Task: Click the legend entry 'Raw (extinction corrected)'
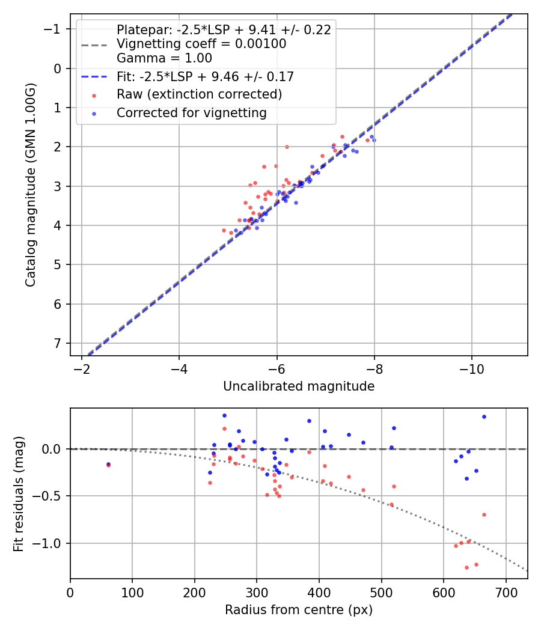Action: pos(199,94)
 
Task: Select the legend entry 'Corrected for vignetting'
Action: pos(191,112)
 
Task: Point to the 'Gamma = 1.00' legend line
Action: pos(164,58)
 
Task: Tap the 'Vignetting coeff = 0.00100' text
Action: pos(201,44)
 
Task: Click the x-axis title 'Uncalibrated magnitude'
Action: pos(299,386)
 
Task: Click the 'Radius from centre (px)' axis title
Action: pos(299,610)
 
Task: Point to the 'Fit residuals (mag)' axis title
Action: pos(19,493)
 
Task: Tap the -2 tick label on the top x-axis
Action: pos(82,369)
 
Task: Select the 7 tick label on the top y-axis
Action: pos(58,343)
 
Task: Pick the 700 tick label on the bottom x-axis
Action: pos(506,593)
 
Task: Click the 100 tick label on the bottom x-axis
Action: pos(132,593)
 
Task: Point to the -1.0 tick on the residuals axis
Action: pos(50,543)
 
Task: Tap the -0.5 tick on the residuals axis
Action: pos(50,496)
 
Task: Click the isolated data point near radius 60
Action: pos(108,464)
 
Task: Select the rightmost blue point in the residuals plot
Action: pos(484,416)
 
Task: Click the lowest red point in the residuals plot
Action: pos(466,567)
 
